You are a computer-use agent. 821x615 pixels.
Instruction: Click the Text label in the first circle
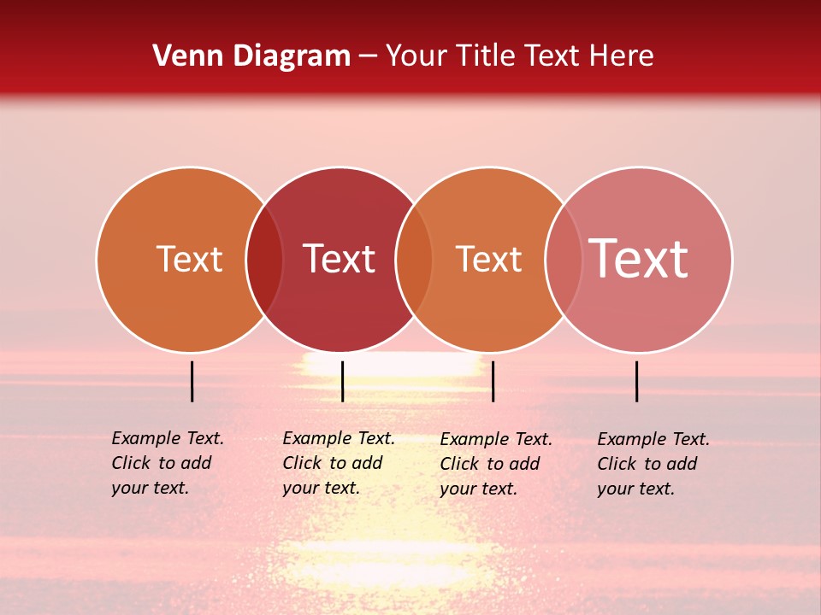[189, 259]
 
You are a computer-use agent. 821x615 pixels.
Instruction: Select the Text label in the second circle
[340, 259]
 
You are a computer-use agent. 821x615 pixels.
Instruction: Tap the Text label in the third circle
[488, 259]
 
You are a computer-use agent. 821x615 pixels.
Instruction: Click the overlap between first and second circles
[264, 260]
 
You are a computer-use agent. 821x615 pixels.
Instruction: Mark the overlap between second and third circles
[414, 260]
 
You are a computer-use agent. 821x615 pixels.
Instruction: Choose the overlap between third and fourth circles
[564, 260]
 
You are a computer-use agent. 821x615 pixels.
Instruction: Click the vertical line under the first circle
[192, 381]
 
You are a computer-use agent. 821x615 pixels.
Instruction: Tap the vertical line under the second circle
[342, 381]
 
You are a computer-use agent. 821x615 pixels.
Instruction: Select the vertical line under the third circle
[493, 381]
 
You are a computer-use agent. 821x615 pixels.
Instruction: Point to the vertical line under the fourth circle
[637, 381]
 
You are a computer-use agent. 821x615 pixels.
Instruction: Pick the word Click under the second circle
[302, 463]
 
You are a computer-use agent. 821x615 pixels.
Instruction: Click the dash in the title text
[368, 57]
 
